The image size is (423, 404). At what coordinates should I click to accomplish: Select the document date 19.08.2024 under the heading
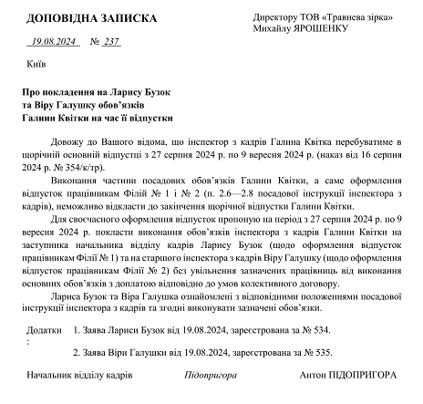pyautogui.click(x=57, y=41)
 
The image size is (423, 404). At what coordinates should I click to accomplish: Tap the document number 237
pyautogui.click(x=113, y=41)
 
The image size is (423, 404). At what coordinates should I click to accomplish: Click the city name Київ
pyautogui.click(x=37, y=67)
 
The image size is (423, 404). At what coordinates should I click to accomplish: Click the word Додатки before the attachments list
pyautogui.click(x=45, y=327)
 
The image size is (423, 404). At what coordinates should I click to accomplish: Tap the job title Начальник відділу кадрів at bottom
pyautogui.click(x=79, y=375)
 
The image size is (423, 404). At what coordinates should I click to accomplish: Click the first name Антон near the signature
pyautogui.click(x=313, y=375)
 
